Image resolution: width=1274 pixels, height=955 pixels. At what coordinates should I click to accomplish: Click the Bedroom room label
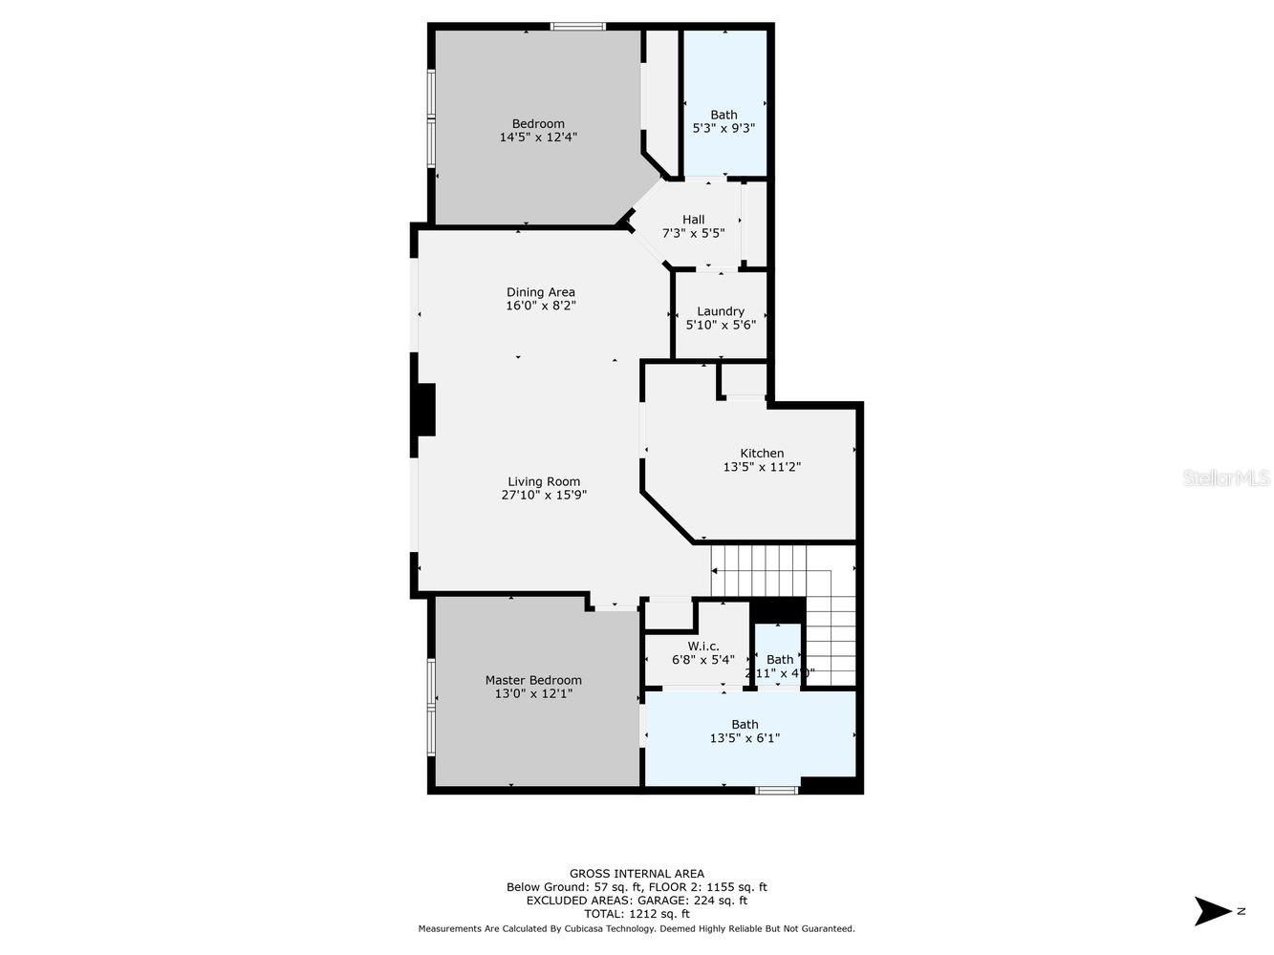click(x=538, y=123)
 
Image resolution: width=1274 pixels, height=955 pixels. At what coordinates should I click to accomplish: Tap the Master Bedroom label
click(x=533, y=680)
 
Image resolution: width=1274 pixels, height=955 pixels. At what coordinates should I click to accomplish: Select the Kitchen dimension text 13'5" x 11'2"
click(x=762, y=467)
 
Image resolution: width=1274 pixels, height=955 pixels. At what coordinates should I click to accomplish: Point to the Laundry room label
click(x=721, y=311)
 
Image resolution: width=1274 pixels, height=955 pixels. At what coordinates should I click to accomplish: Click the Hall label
click(x=693, y=220)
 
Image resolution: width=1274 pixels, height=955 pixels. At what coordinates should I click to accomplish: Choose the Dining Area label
click(x=541, y=292)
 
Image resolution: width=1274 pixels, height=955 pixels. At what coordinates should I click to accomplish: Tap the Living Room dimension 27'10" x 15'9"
click(x=544, y=495)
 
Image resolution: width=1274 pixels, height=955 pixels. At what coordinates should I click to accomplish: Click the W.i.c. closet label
click(x=703, y=647)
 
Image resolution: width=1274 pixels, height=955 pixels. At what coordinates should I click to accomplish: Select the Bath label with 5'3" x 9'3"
click(x=723, y=115)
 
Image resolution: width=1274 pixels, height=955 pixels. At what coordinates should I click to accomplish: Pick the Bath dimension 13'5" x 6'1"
click(x=745, y=737)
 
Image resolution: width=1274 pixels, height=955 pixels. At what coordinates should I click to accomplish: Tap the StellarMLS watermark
click(x=1226, y=477)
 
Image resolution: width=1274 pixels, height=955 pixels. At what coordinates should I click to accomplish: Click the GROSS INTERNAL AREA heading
click(x=637, y=873)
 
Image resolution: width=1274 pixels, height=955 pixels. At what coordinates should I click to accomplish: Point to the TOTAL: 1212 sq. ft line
click(x=637, y=914)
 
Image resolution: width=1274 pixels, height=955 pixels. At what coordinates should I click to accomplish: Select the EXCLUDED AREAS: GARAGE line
click(x=637, y=901)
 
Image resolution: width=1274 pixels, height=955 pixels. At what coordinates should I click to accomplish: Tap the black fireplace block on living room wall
click(x=424, y=410)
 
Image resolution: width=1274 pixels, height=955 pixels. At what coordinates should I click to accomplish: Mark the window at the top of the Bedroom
click(x=578, y=27)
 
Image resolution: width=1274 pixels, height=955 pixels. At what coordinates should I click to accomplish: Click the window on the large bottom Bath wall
click(x=776, y=790)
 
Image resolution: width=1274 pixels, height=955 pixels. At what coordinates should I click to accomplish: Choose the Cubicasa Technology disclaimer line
click(x=637, y=928)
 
